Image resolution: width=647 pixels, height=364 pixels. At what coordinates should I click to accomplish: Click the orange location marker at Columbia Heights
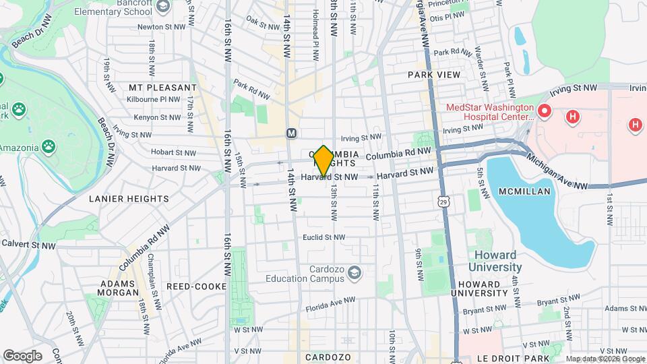click(x=323, y=161)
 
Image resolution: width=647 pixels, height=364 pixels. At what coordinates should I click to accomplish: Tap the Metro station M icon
click(x=292, y=133)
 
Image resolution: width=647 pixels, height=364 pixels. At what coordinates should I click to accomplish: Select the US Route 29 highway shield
click(x=443, y=201)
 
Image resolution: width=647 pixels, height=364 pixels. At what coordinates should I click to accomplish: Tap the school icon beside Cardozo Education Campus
click(x=355, y=272)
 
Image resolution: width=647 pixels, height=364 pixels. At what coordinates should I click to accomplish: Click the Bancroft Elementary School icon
click(x=162, y=7)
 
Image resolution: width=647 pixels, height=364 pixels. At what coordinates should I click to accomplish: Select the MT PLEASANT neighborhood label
click(x=154, y=88)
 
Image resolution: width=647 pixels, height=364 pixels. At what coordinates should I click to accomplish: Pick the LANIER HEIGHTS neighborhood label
click(x=129, y=199)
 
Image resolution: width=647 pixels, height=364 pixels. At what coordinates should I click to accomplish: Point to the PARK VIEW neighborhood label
click(x=433, y=75)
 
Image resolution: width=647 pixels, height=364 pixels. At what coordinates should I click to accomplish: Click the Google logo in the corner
click(x=22, y=355)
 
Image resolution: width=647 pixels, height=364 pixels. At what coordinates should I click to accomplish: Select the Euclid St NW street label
click(x=323, y=237)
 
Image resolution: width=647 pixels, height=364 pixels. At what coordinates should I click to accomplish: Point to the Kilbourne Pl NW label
click(x=153, y=99)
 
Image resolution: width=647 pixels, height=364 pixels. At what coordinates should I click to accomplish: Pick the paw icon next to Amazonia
click(x=49, y=146)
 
